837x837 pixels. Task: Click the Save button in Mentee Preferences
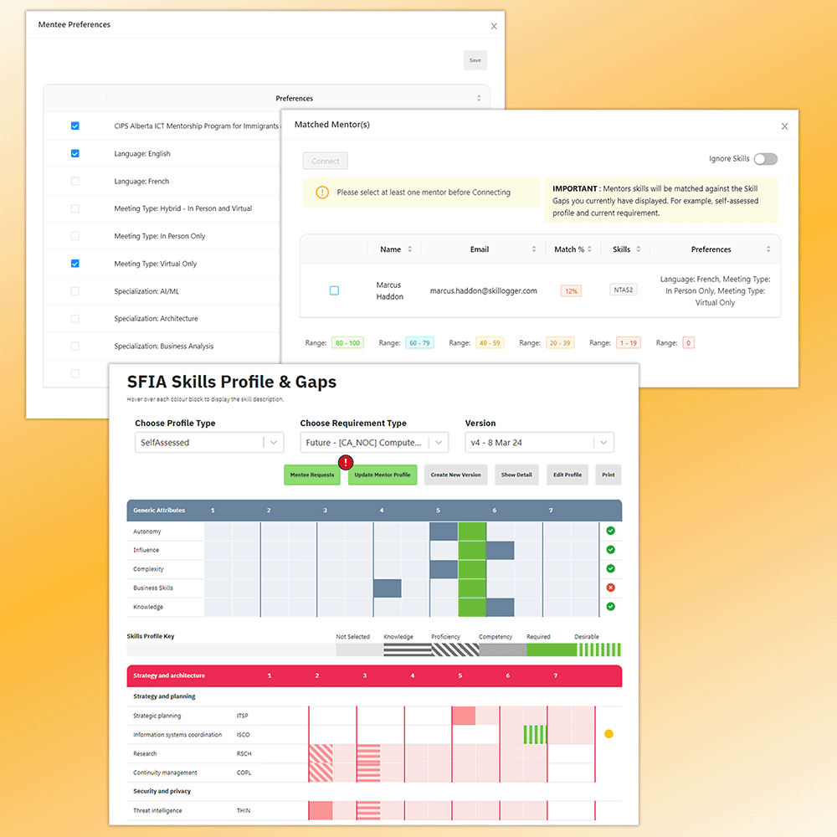(x=475, y=60)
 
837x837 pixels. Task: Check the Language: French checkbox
(x=75, y=181)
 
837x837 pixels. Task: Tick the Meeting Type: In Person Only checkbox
(x=75, y=236)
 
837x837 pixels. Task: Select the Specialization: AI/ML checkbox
(x=75, y=291)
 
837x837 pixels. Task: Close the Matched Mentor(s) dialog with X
(x=784, y=126)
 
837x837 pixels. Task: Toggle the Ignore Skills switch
(x=765, y=159)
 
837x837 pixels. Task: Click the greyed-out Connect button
(x=326, y=162)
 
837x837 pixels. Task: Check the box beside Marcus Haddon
(x=334, y=290)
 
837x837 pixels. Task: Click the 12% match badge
(x=571, y=290)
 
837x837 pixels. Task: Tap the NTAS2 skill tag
(x=623, y=290)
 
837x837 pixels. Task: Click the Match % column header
(x=573, y=249)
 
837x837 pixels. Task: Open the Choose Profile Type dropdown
(x=209, y=443)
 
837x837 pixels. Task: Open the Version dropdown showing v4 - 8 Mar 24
(x=539, y=443)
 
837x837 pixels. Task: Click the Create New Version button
(x=456, y=475)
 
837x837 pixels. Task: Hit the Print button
(x=608, y=475)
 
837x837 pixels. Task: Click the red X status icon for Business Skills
(x=611, y=588)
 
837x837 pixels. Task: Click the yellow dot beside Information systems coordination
(x=609, y=734)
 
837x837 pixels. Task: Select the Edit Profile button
(x=567, y=475)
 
